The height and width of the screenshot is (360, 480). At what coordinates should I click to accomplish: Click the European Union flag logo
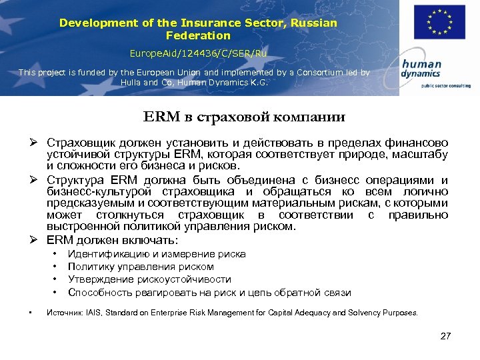pos(439,22)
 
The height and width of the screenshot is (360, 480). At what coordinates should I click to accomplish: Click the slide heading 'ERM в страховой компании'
pos(244,117)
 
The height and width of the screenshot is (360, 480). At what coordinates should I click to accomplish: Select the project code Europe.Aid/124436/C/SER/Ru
pos(197,53)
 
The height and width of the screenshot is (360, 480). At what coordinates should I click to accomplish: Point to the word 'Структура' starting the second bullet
pos(73,181)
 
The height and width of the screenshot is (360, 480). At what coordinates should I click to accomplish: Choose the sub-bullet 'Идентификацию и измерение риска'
pos(157,254)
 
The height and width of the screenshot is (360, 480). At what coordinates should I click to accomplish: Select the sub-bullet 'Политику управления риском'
pos(141,267)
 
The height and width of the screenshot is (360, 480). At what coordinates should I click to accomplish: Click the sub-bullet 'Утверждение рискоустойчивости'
pos(149,279)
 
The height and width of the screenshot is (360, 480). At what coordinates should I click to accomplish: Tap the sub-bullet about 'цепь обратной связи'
pos(209,293)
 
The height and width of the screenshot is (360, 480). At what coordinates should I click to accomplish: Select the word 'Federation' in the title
pos(198,35)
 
